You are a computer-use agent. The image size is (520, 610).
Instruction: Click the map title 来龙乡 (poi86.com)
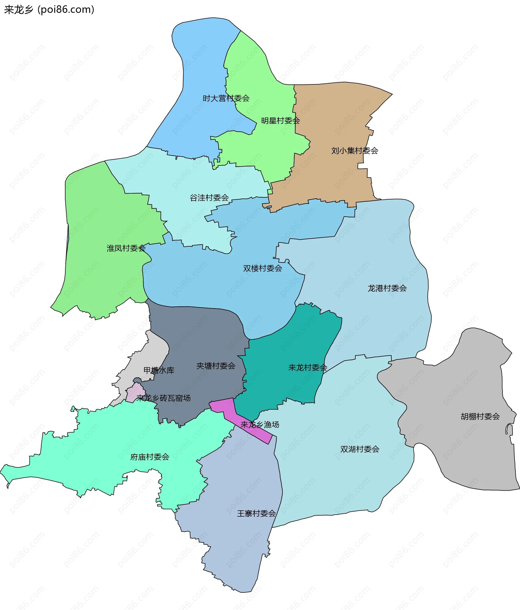click(49, 10)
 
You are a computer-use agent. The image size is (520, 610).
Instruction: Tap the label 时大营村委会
click(226, 98)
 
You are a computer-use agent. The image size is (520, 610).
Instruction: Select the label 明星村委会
click(280, 121)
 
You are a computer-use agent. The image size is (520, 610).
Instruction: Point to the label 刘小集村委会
click(355, 151)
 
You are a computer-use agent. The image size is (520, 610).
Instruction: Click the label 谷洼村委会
click(209, 198)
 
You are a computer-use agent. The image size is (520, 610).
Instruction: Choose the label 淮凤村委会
click(126, 248)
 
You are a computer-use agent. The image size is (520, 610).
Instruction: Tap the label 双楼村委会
click(262, 268)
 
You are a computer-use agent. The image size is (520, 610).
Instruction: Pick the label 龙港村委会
click(387, 288)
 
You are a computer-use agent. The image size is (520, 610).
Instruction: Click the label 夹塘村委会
click(216, 366)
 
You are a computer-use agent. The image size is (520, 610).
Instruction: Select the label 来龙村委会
click(308, 367)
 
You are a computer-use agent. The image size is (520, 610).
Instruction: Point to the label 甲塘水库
click(159, 370)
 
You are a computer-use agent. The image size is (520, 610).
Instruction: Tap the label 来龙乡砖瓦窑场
click(163, 398)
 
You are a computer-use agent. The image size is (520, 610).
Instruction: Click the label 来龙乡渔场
click(260, 425)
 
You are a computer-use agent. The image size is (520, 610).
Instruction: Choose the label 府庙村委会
click(149, 457)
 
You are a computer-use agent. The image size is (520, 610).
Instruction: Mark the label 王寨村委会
click(256, 513)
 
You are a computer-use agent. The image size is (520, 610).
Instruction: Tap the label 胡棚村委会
click(480, 416)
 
